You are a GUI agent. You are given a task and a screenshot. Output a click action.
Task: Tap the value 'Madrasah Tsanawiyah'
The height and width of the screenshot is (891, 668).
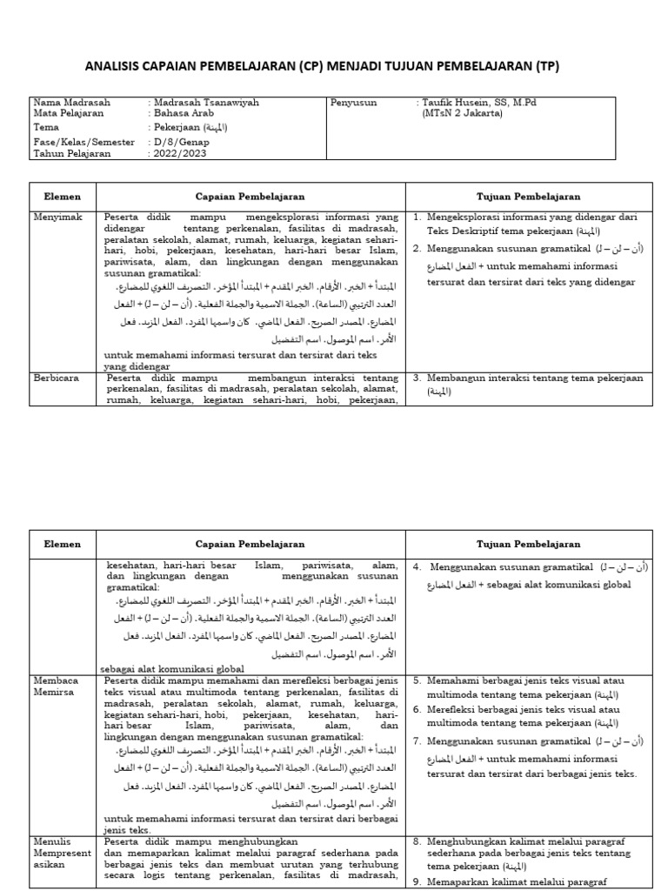point(206,103)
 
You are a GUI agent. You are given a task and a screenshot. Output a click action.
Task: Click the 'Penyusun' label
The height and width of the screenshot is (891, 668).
point(353,103)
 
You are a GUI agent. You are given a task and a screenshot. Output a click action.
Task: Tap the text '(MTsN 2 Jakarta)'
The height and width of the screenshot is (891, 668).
point(464,113)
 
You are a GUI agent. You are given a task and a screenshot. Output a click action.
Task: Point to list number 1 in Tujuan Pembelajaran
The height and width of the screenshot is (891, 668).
point(417,216)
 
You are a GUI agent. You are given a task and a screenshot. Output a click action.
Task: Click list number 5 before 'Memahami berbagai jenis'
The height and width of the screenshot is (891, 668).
point(417,680)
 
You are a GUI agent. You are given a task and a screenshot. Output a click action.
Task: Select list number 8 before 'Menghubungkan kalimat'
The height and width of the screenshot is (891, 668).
point(417,842)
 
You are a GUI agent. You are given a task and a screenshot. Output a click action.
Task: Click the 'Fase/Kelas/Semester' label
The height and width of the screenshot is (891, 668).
point(84,141)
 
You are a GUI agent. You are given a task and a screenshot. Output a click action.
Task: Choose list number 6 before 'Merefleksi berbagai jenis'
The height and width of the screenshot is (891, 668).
point(417,710)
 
